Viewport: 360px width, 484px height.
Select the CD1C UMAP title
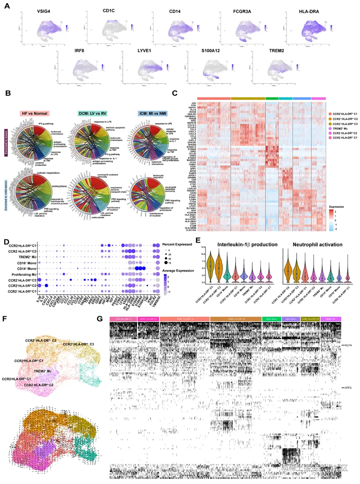[112, 11]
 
